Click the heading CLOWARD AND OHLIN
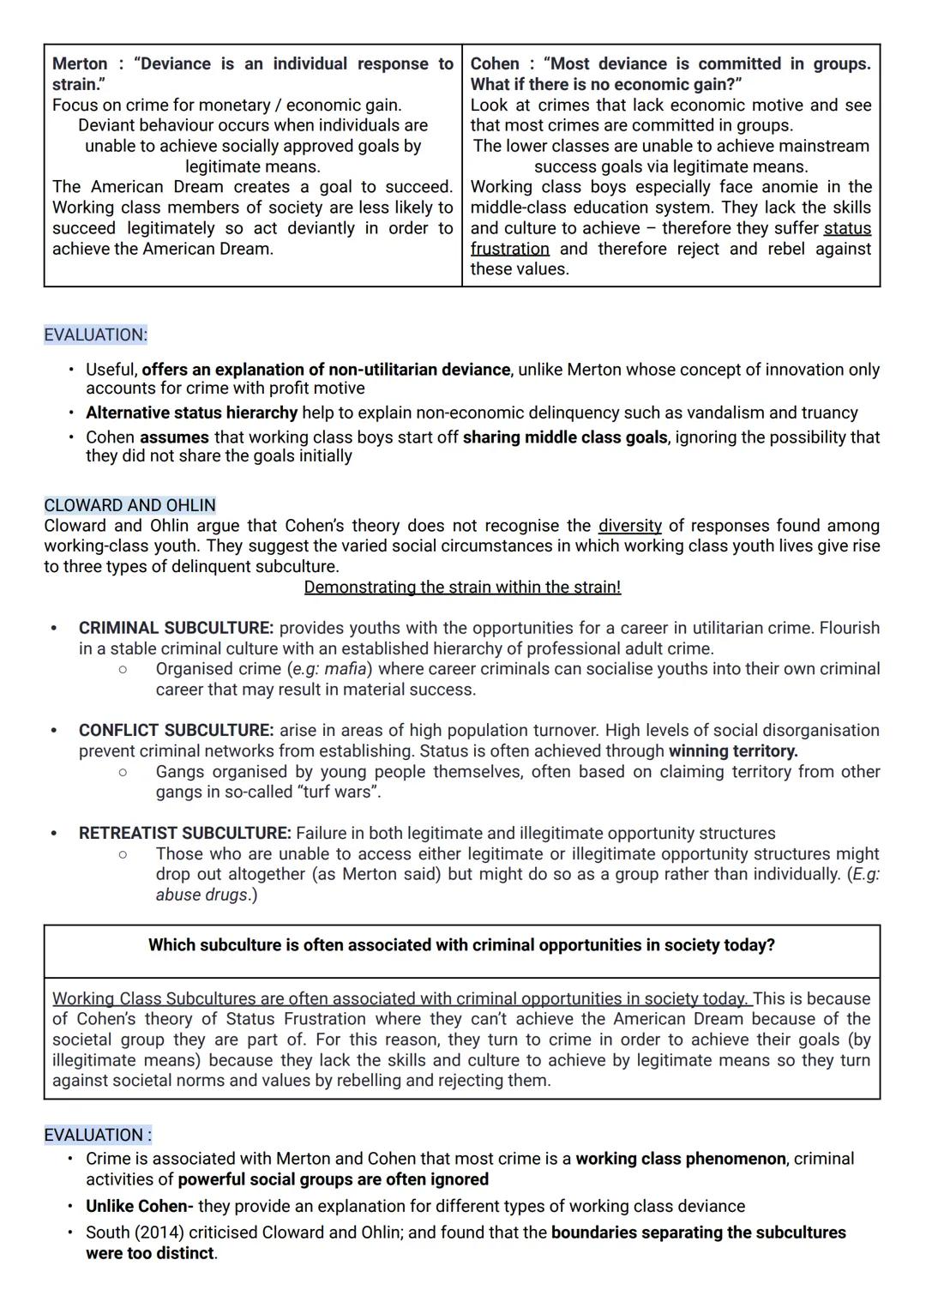(129, 505)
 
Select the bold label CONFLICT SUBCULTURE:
(176, 731)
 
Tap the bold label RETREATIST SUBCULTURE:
(184, 834)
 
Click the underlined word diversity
(629, 526)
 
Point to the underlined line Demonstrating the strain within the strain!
(462, 588)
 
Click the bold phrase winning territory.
(732, 751)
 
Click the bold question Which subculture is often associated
(461, 945)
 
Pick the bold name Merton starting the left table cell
(80, 64)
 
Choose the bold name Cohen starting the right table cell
(495, 64)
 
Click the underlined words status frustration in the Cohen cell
(846, 229)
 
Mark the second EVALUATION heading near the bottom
(97, 1136)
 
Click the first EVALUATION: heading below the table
(95, 335)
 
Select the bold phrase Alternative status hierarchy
(191, 413)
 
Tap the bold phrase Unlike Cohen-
(139, 1207)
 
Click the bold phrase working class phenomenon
(680, 1160)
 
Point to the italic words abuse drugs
(203, 895)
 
